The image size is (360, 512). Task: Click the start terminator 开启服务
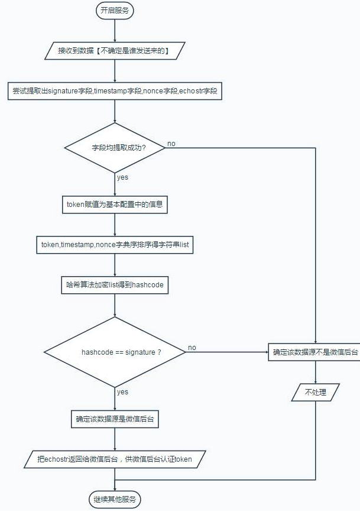[115, 10]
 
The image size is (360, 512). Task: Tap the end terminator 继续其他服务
[115, 499]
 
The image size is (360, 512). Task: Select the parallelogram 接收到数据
[115, 51]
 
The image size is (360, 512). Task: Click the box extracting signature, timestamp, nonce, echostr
[115, 91]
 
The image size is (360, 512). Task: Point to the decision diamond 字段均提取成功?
[115, 148]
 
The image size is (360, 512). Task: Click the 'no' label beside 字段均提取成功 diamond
[171, 144]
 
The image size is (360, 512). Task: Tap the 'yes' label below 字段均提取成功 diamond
[122, 177]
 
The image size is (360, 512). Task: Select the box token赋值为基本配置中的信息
[115, 205]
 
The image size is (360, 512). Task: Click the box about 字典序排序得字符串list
[115, 245]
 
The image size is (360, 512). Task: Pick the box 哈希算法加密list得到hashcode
[115, 285]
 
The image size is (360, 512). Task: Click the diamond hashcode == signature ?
[115, 352]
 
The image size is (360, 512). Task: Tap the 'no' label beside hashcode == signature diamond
[192, 348]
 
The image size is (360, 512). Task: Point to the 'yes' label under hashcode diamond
[122, 392]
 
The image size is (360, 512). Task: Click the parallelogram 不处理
[315, 392]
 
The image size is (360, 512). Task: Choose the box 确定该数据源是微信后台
[115, 419]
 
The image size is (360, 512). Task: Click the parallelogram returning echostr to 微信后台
[115, 459]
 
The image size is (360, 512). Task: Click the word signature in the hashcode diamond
[140, 352]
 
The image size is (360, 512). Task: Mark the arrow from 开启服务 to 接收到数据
[115, 31]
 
